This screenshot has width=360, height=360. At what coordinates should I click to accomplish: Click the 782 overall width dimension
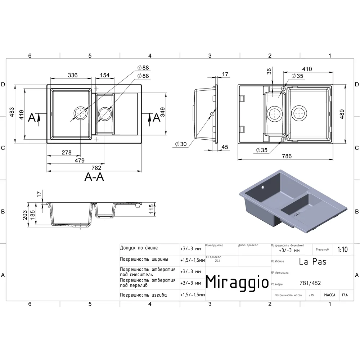[96, 168]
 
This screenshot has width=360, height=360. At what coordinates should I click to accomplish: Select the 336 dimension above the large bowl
[73, 75]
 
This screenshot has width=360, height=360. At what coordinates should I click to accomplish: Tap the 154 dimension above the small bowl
[105, 75]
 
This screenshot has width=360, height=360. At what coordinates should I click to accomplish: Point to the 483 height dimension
[12, 112]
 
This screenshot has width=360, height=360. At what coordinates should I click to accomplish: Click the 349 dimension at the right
[162, 112]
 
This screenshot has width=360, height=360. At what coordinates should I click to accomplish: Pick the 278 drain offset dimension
[67, 152]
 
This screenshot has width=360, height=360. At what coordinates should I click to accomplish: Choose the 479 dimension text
[80, 161]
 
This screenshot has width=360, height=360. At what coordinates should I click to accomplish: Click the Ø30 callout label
[181, 144]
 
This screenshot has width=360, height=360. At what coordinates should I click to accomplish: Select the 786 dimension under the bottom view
[287, 156]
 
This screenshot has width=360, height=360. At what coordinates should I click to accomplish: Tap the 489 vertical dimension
[342, 114]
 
